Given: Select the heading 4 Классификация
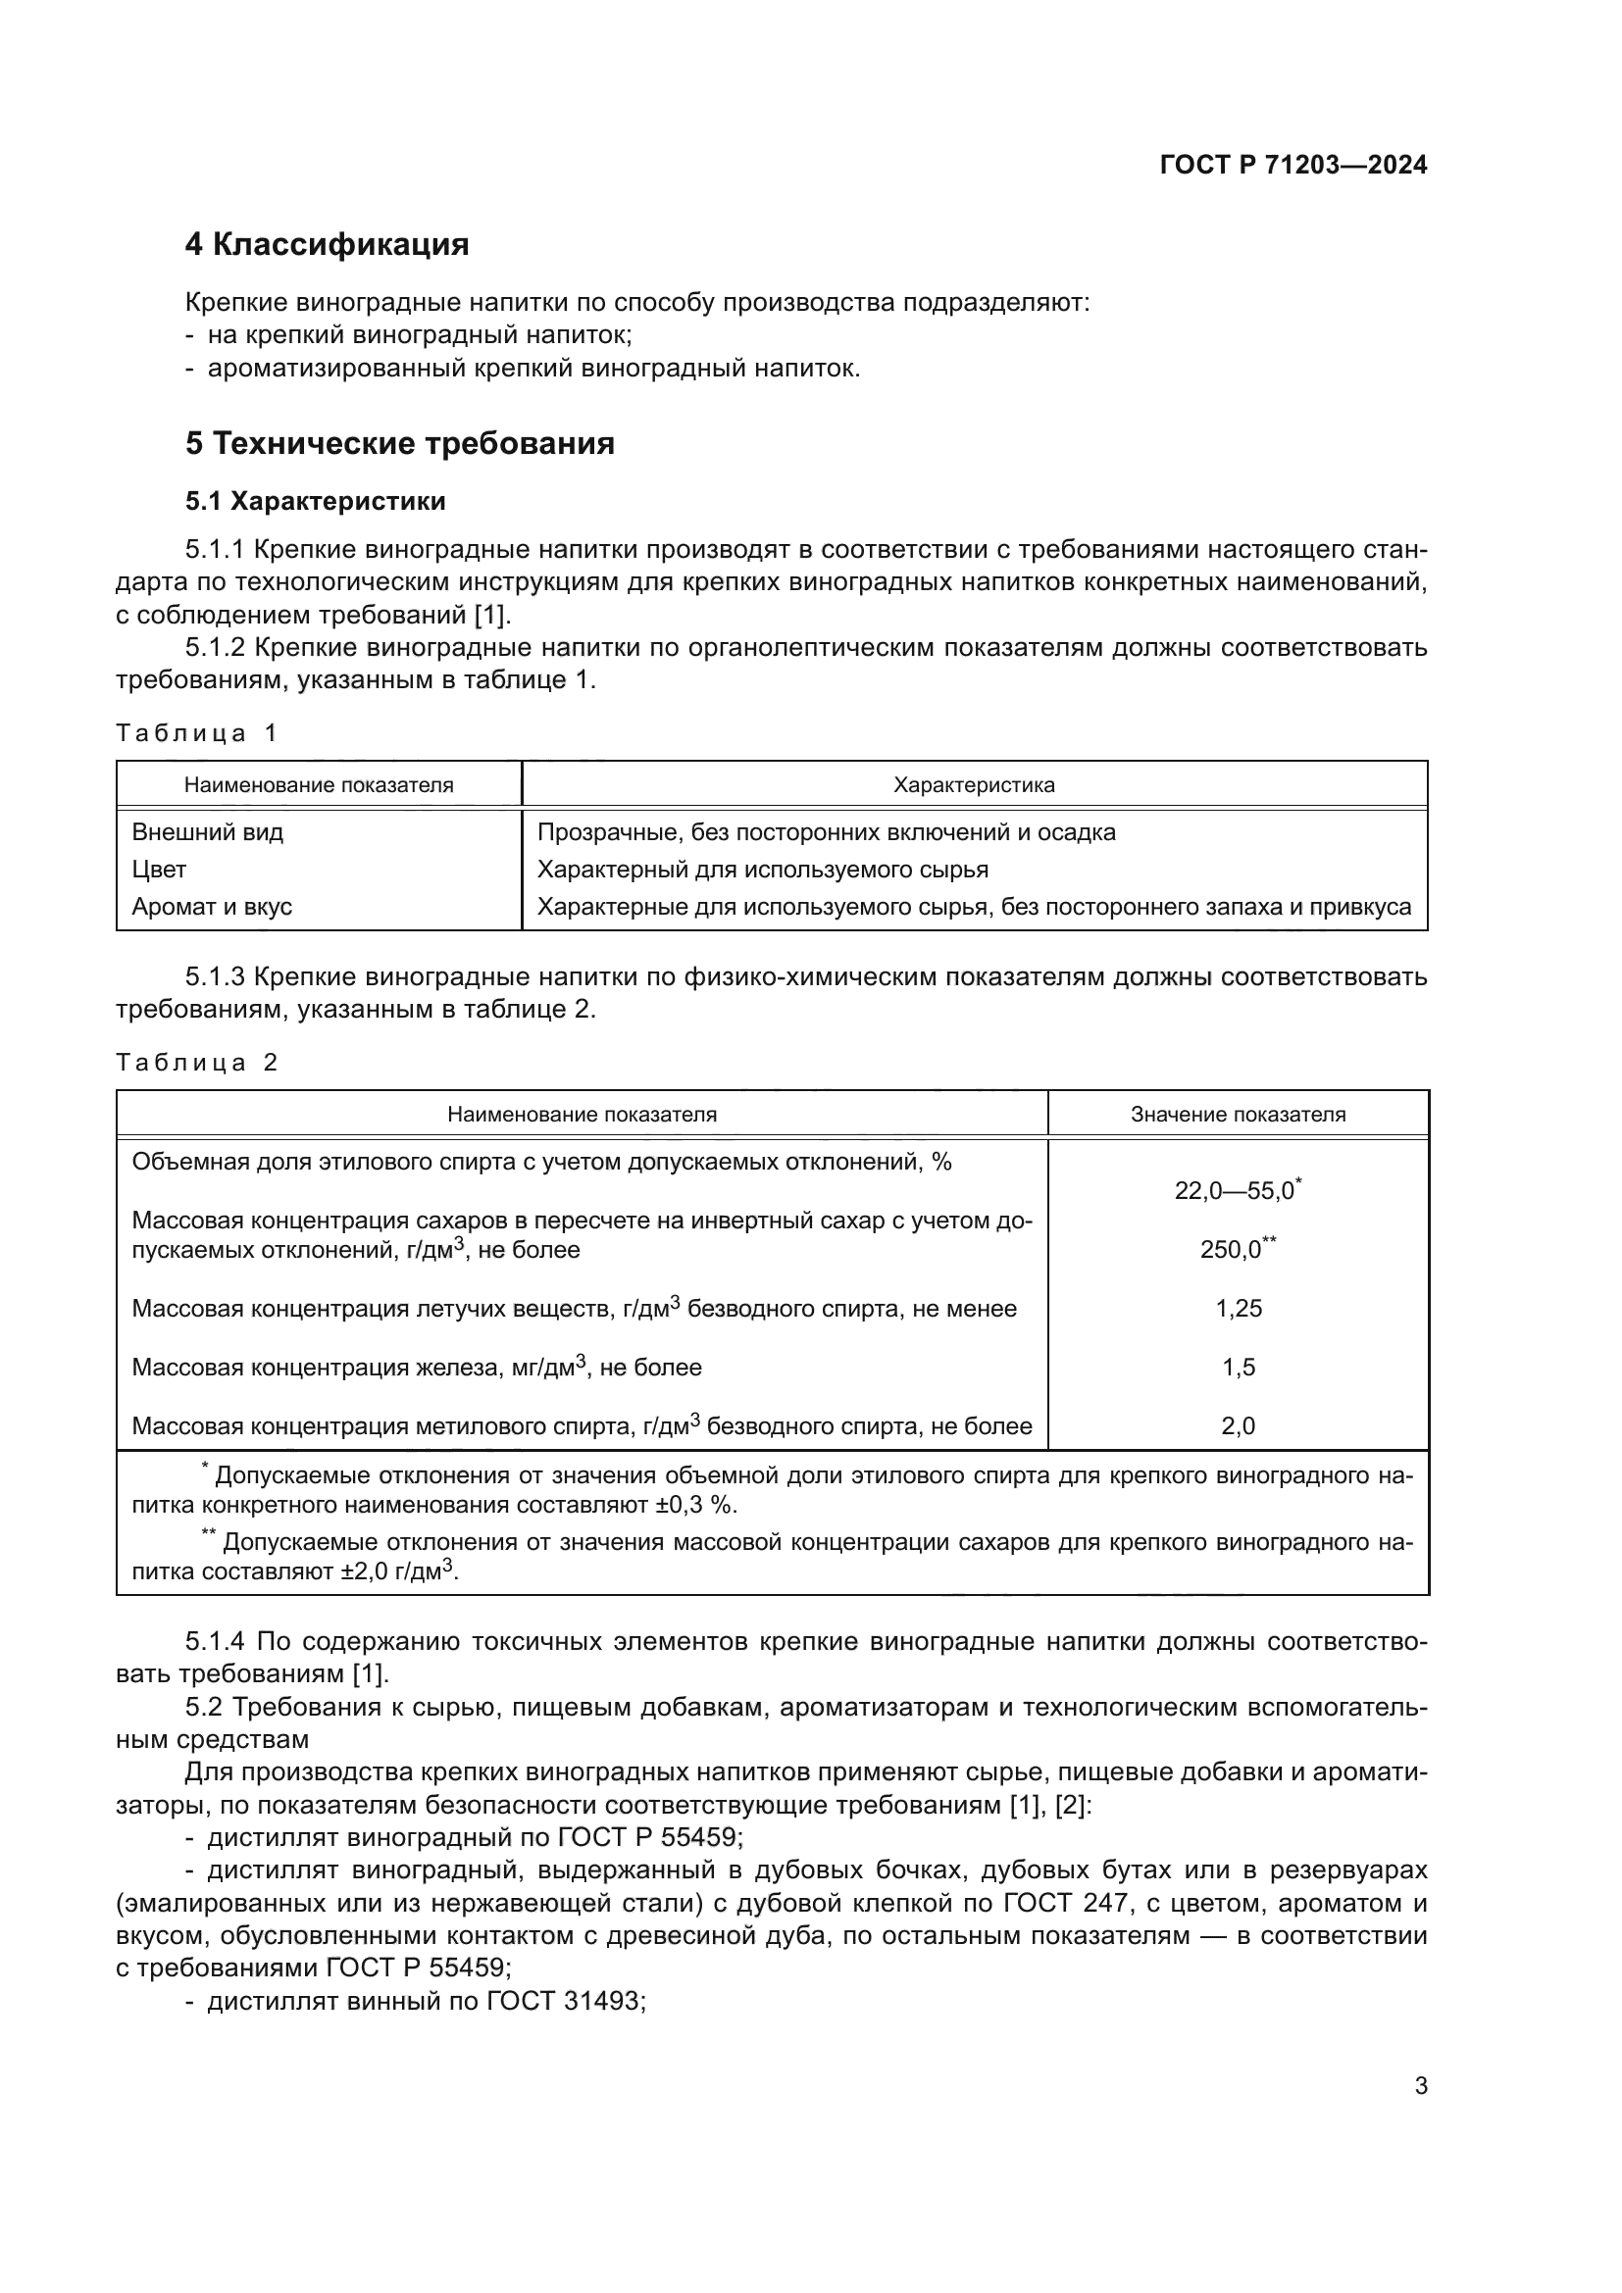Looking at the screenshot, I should click(x=327, y=245).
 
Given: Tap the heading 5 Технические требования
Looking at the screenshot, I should click(x=399, y=443).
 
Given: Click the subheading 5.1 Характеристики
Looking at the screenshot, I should click(x=315, y=501).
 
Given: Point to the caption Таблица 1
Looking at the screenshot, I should click(x=196, y=733).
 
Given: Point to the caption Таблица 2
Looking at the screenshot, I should click(x=196, y=1062).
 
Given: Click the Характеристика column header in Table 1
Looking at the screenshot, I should click(x=974, y=785).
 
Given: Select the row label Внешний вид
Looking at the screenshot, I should click(x=208, y=832).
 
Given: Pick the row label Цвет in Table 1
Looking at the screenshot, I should click(x=159, y=870).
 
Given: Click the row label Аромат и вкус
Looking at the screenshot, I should click(x=212, y=907).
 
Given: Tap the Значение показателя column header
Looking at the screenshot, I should click(x=1238, y=1115).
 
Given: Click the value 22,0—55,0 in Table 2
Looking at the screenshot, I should click(x=1235, y=1190).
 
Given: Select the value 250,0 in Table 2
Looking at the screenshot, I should click(x=1233, y=1249).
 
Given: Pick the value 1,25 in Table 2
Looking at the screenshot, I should click(x=1239, y=1309).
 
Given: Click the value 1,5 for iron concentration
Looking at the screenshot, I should click(x=1239, y=1368).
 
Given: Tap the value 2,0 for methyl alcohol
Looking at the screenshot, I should click(x=1239, y=1426).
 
